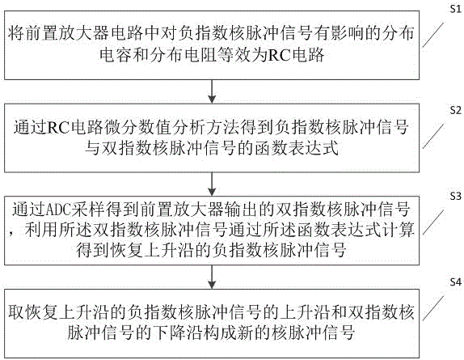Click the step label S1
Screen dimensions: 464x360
point(455,9)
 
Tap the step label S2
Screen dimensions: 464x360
point(455,111)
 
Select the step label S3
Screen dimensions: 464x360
point(455,196)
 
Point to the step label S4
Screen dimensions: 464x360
point(455,282)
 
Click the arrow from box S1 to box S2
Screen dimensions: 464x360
point(212,91)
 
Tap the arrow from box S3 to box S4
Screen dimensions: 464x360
point(212,277)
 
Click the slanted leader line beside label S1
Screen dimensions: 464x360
point(433,35)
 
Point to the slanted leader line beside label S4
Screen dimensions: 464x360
point(433,307)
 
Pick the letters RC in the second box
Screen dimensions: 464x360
point(58,127)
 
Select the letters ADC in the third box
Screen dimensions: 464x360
point(58,210)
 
